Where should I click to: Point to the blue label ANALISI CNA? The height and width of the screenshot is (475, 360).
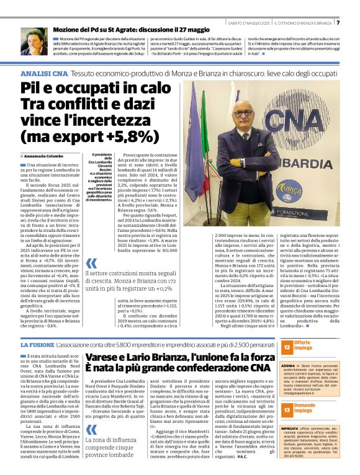coord(43,74)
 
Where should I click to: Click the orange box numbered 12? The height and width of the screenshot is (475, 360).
coord(286,348)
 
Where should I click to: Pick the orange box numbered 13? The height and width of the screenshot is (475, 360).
coord(286,409)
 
